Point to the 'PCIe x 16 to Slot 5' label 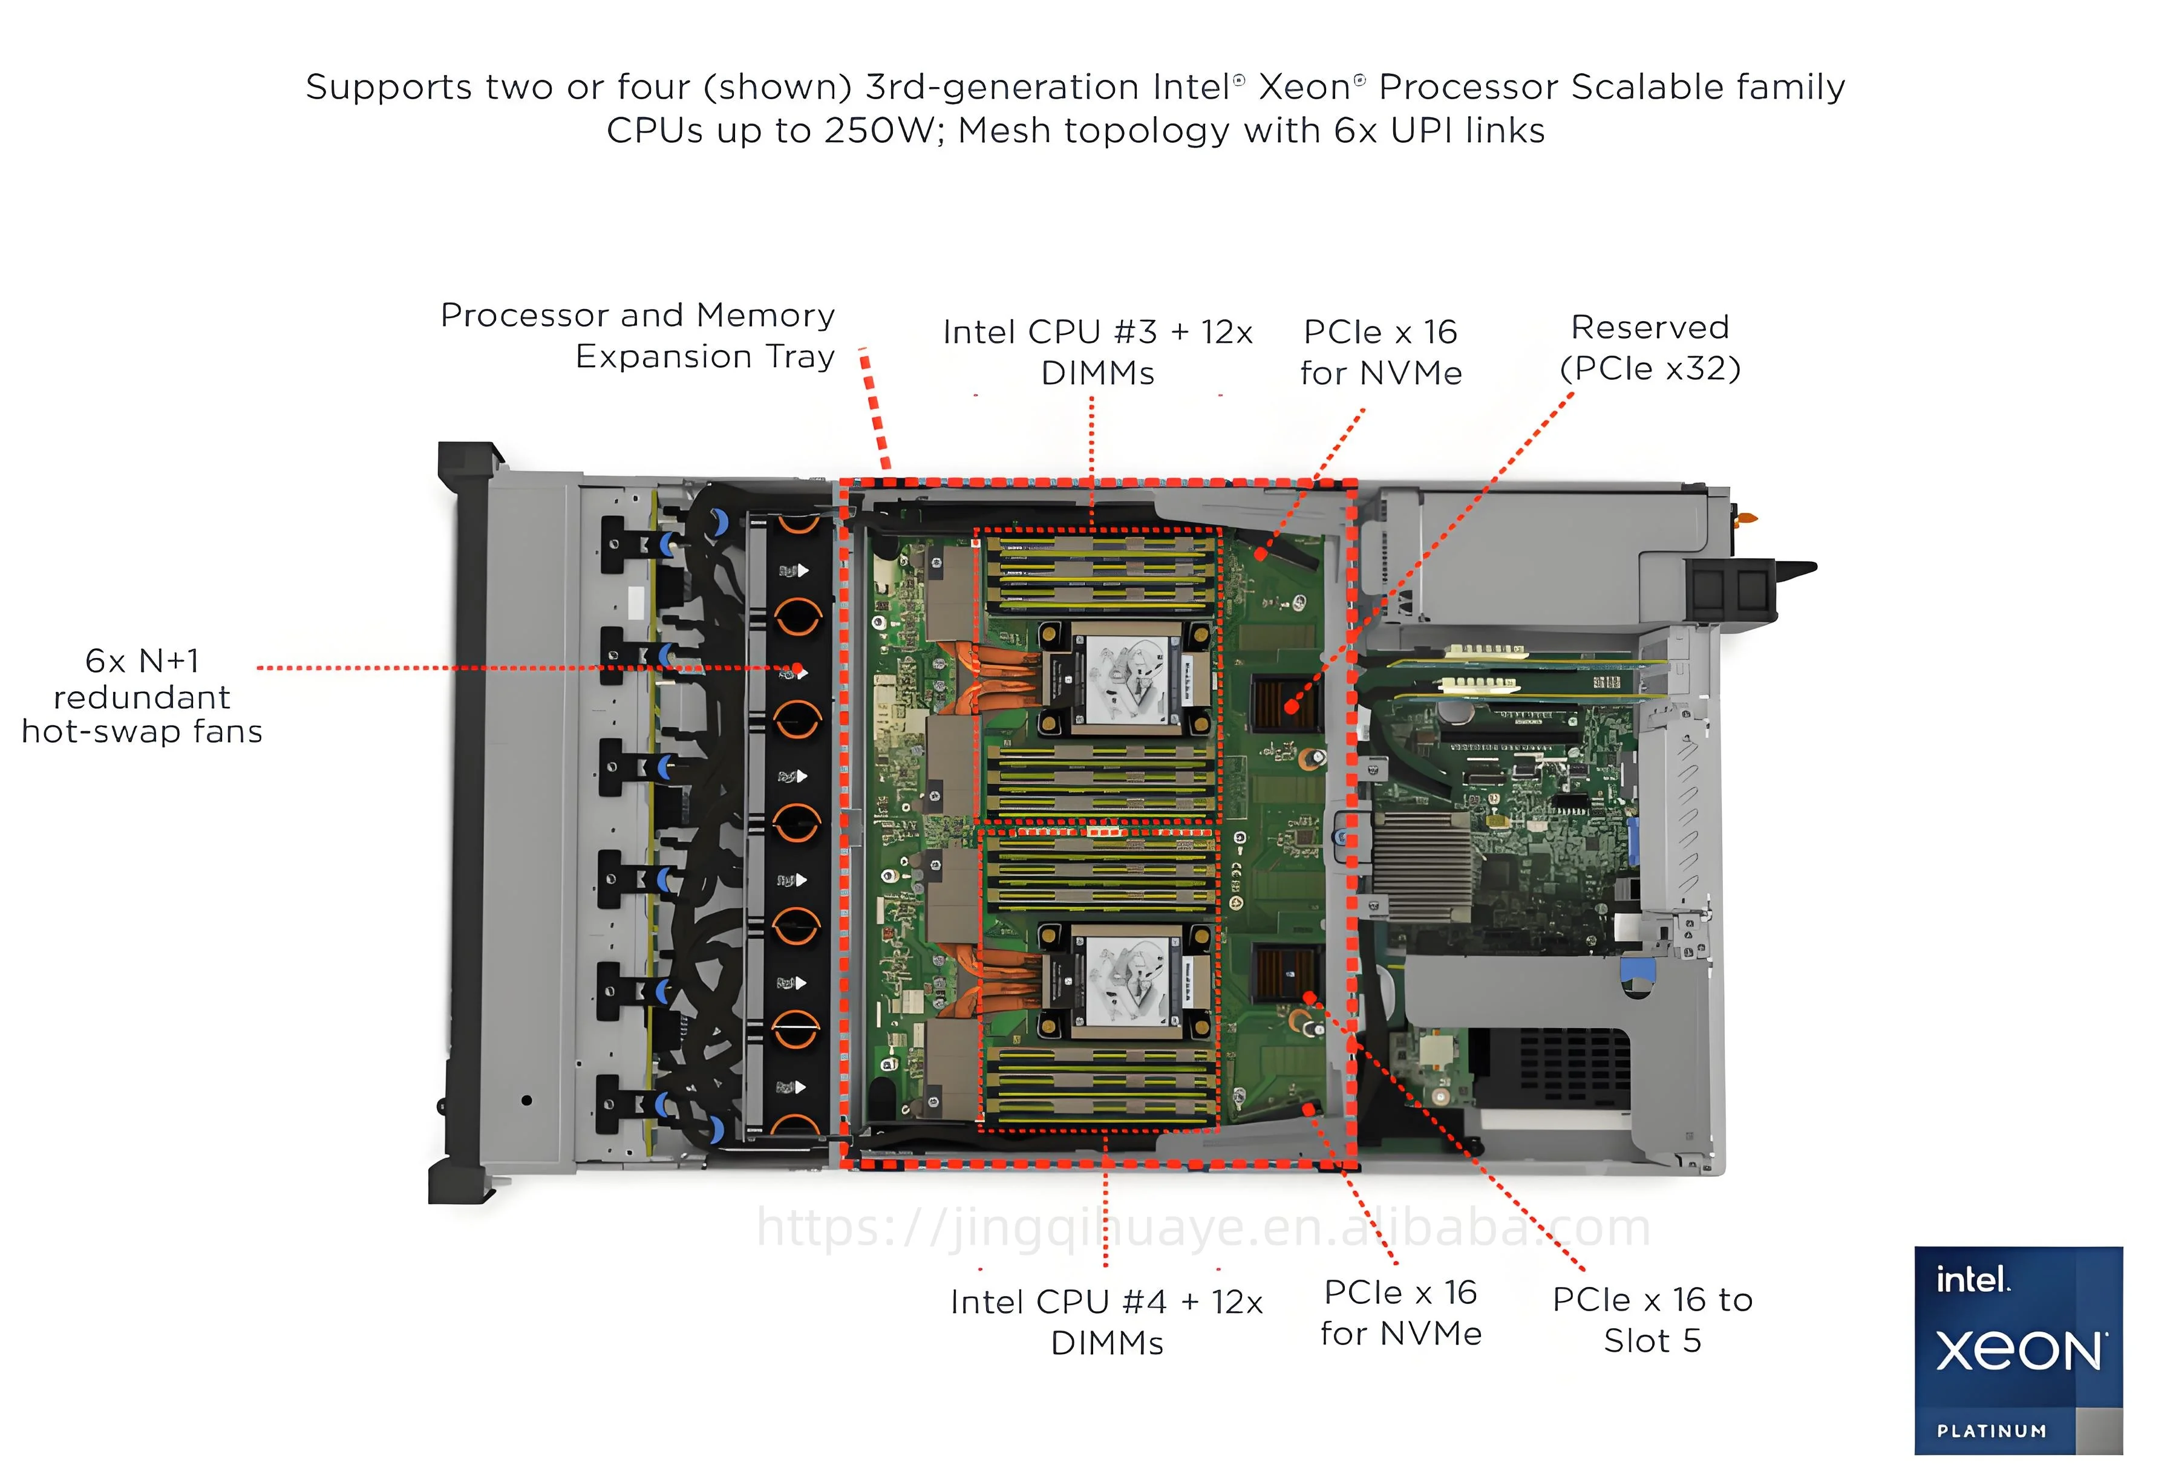pyautogui.click(x=1652, y=1319)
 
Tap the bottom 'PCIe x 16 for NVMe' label pyautogui.click(x=1400, y=1312)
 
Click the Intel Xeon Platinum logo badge pyautogui.click(x=2018, y=1349)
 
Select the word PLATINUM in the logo pyautogui.click(x=1992, y=1430)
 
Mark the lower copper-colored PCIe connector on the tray pyautogui.click(x=1284, y=972)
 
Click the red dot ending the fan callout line pyautogui.click(x=797, y=669)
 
